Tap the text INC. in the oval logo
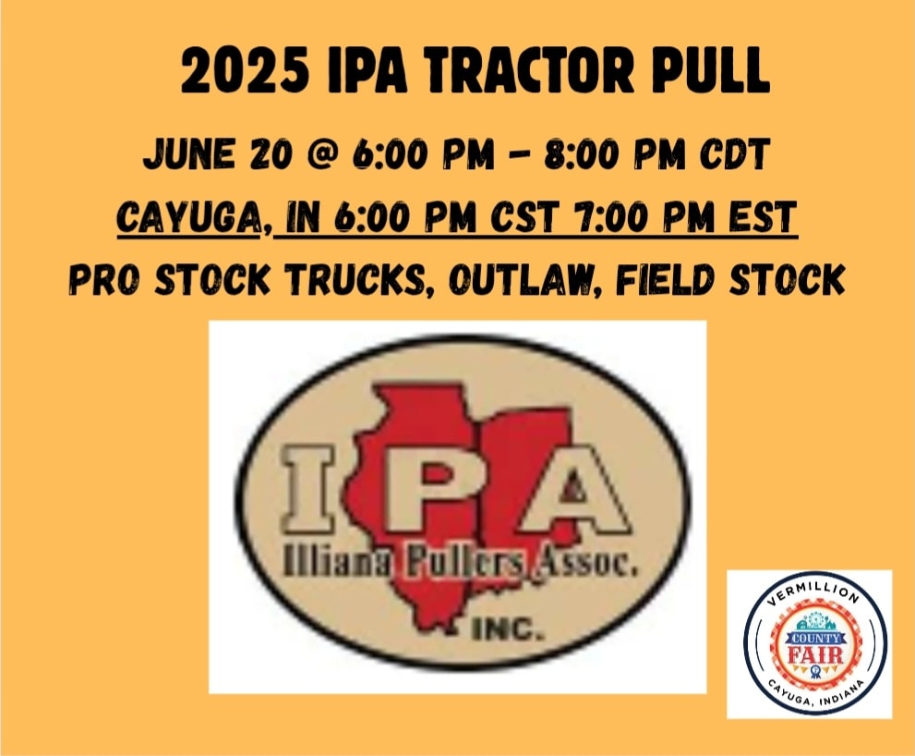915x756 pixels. [507, 629]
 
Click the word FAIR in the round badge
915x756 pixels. [815, 653]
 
